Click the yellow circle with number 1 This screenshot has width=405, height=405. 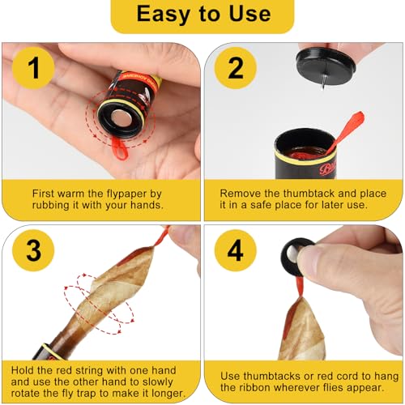coord(33,68)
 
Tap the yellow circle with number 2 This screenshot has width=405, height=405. coord(236,68)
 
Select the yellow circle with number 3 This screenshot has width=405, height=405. coord(33,250)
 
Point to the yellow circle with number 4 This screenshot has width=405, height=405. coord(236,250)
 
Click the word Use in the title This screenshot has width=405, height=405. coord(249,14)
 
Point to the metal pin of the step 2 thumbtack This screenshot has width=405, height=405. coord(323,83)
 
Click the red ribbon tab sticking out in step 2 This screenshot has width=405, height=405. coord(347,131)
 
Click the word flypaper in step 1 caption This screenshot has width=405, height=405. coord(126,194)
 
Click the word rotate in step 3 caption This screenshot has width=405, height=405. coord(25,393)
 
